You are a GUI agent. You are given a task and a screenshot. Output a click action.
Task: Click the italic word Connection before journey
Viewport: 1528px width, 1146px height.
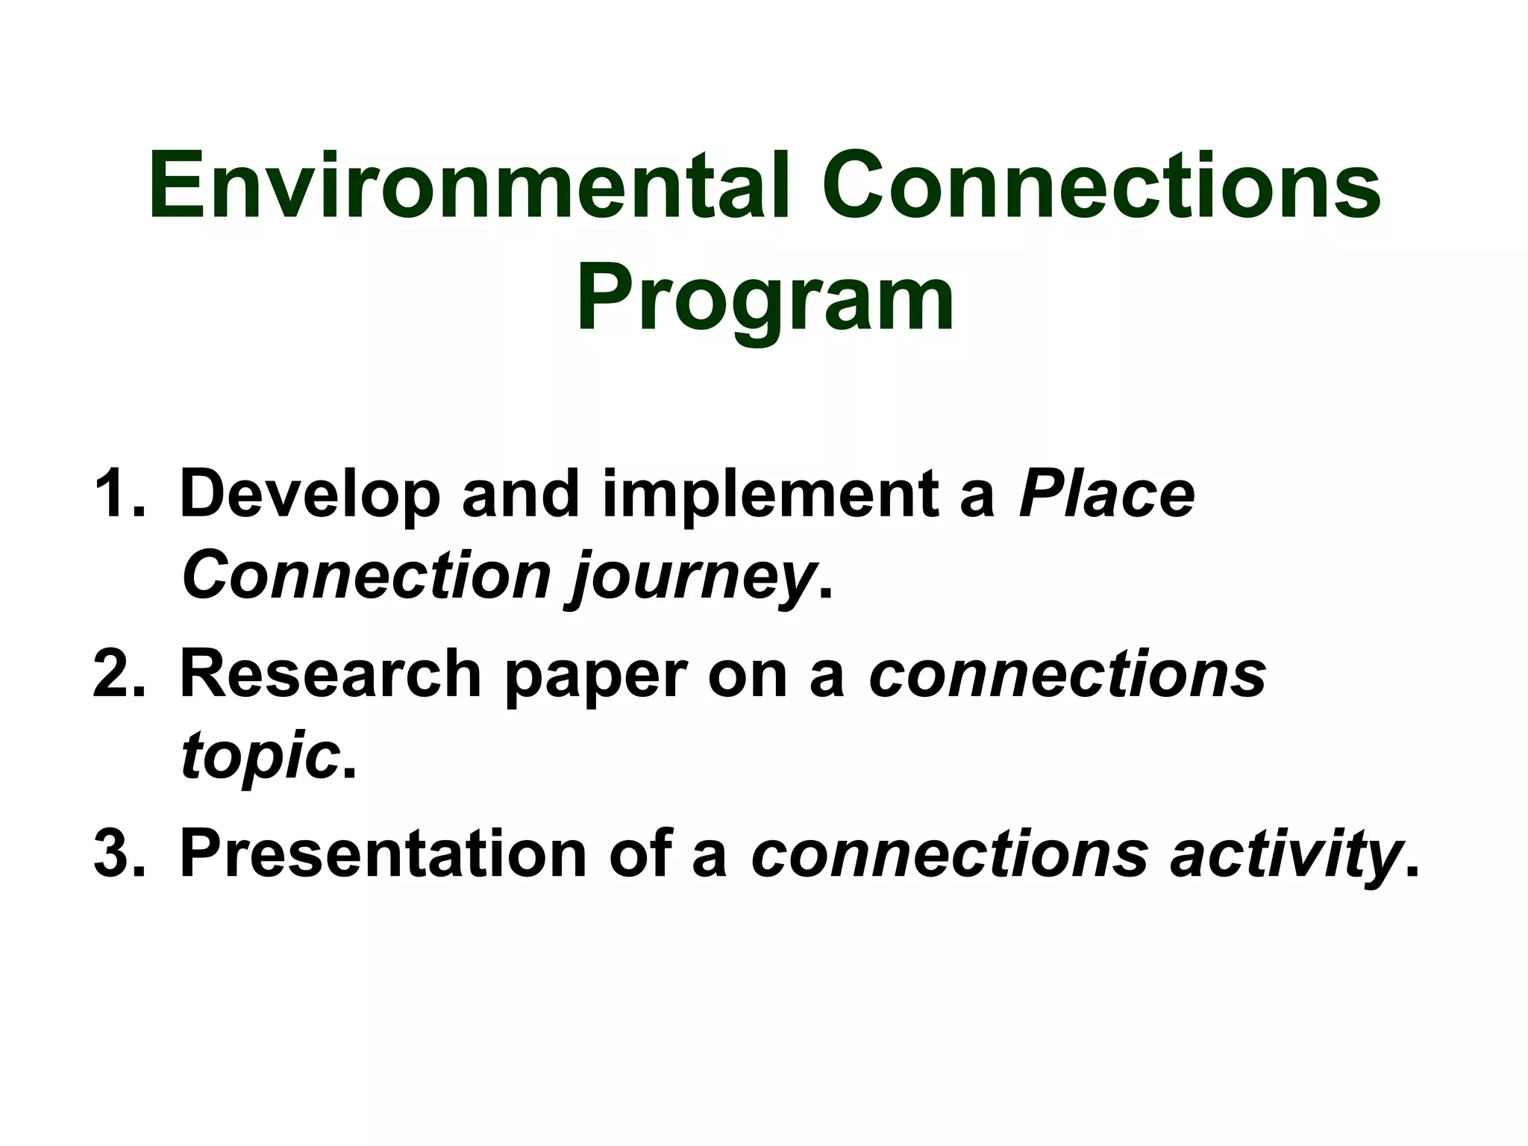click(366, 575)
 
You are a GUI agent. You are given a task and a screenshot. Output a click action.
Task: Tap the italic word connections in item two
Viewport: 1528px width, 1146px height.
click(1067, 674)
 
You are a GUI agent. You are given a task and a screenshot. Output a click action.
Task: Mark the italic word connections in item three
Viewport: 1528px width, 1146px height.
click(949, 854)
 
